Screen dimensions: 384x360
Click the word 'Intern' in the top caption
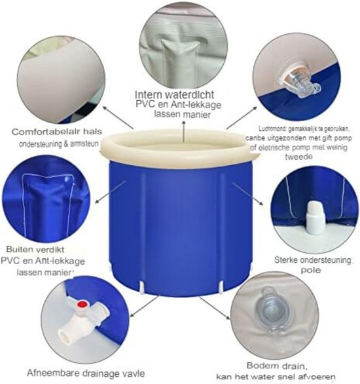pyautogui.click(x=151, y=93)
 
